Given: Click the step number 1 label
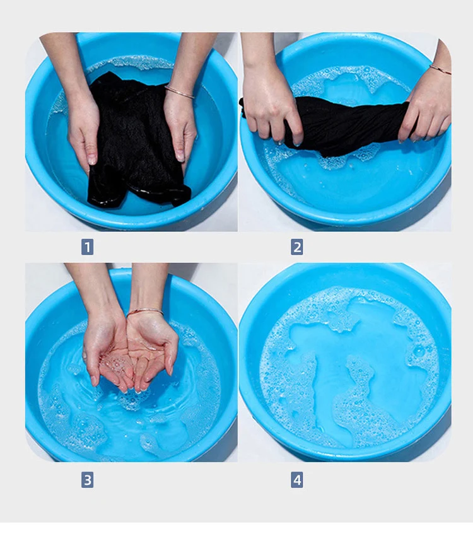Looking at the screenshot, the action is (88, 247).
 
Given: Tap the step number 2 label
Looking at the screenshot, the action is (297, 247).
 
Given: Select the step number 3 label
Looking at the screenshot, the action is (88, 480).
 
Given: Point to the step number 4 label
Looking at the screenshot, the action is (297, 480).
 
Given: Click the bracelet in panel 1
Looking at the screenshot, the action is (180, 92).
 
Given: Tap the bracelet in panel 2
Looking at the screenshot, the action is (440, 69).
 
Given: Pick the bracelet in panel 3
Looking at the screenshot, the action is (145, 312).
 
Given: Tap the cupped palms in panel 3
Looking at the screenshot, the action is (132, 356).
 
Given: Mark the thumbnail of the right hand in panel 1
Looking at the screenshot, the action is (180, 156).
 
